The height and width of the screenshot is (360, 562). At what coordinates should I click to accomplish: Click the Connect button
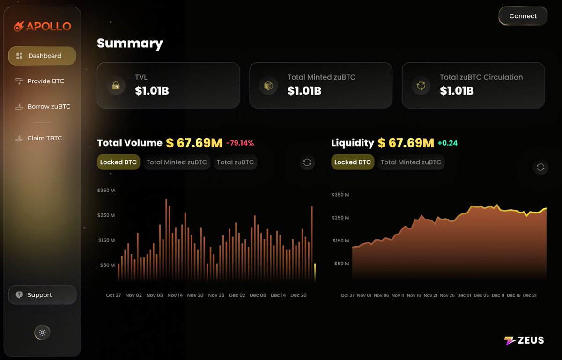523,16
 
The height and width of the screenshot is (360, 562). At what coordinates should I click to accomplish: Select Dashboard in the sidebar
42,56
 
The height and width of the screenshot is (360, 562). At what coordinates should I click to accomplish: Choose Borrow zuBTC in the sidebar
43,106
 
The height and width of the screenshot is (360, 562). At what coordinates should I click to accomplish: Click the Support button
42,295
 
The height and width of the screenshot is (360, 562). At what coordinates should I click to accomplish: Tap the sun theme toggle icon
42,332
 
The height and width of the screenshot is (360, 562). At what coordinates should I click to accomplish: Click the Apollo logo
42,26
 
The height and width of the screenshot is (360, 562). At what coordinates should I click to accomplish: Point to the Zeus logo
524,340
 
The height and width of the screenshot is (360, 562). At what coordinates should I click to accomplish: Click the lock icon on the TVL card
116,86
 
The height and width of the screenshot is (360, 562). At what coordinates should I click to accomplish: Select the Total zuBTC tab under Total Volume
235,162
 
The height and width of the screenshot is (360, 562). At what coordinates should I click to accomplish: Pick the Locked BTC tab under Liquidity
352,162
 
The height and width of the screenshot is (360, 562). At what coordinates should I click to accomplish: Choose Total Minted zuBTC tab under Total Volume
177,162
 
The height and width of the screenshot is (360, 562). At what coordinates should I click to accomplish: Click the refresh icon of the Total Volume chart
307,162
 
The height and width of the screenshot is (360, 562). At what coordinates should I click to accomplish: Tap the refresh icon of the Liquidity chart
540,167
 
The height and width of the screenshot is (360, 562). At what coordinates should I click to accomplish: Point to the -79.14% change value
240,143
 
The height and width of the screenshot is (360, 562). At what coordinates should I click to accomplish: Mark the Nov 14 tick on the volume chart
175,295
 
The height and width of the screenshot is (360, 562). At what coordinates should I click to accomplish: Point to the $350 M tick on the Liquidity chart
340,195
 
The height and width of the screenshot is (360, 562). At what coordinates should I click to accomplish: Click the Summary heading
130,44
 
